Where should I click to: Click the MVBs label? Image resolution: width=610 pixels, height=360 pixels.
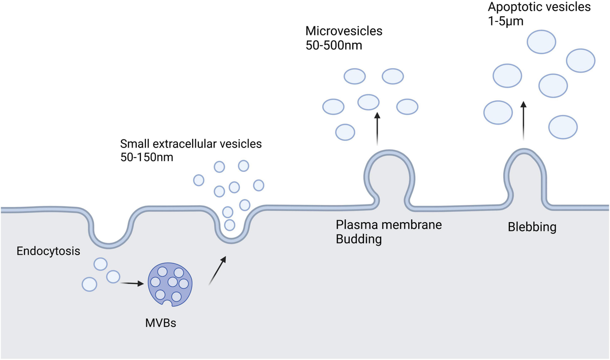[x=161, y=323]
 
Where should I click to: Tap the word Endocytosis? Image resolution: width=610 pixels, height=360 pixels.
[x=48, y=251]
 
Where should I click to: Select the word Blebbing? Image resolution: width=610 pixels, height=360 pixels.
[x=532, y=227]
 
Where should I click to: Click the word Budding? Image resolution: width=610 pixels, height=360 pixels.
[x=359, y=239]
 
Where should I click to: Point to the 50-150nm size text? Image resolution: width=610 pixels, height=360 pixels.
[x=147, y=157]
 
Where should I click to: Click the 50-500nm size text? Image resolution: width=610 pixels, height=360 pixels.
[x=334, y=45]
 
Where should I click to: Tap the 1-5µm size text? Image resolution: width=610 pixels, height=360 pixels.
[x=506, y=21]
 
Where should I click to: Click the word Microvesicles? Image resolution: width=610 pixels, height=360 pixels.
[x=344, y=31]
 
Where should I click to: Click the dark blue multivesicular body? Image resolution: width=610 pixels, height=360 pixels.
[x=170, y=284]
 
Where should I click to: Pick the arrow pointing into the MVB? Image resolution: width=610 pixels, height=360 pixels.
[x=132, y=284]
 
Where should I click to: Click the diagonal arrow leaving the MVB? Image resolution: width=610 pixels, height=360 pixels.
[x=218, y=271]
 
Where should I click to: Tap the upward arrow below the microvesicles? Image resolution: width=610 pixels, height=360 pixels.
[x=377, y=129]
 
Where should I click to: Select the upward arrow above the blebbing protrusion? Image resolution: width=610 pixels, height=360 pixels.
[x=523, y=121]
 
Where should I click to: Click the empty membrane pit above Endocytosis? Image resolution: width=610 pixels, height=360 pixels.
[x=109, y=245]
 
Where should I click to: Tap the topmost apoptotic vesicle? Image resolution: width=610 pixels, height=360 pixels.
[x=541, y=42]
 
